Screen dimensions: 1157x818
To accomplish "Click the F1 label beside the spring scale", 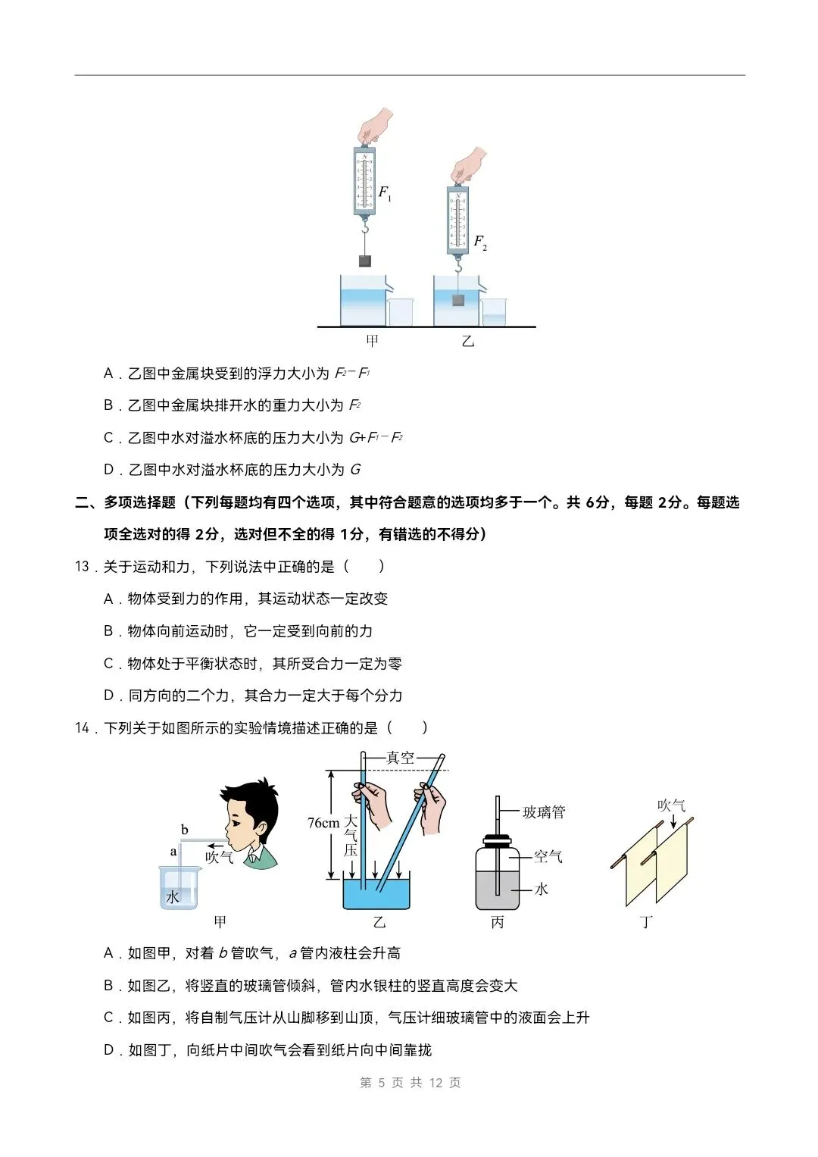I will [385, 193].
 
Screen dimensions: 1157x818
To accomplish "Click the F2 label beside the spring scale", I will [480, 242].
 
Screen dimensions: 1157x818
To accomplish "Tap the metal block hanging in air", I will [365, 261].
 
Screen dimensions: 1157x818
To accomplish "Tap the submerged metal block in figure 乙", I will [457, 300].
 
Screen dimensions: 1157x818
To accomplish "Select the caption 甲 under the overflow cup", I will [372, 341].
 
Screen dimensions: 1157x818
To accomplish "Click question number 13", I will [82, 567].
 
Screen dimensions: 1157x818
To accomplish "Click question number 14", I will [82, 728].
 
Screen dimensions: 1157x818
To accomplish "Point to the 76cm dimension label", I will [323, 823].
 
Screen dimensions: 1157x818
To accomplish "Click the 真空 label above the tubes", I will [401, 758].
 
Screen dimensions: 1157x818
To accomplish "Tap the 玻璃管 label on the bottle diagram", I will [544, 812].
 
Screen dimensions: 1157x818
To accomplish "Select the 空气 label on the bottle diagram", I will [548, 857].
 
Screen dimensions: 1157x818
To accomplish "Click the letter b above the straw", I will [185, 830].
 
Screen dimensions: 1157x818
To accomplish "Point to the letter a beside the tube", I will [173, 852].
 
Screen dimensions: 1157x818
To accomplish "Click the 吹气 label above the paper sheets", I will [671, 805].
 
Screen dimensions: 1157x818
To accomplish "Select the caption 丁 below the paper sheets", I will [646, 922].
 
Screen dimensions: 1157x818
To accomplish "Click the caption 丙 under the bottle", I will [498, 922].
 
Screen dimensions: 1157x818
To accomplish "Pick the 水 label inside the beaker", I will [173, 897].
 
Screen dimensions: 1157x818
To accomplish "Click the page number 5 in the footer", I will [382, 1083].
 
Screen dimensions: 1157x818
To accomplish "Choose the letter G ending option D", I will [355, 470].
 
